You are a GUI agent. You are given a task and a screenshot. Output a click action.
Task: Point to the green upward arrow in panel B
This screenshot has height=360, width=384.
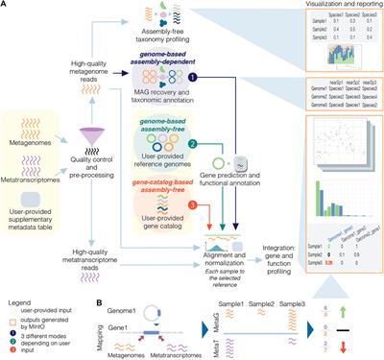coord(370,313)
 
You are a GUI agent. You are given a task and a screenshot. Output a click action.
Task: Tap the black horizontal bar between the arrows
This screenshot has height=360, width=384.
coord(370,331)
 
